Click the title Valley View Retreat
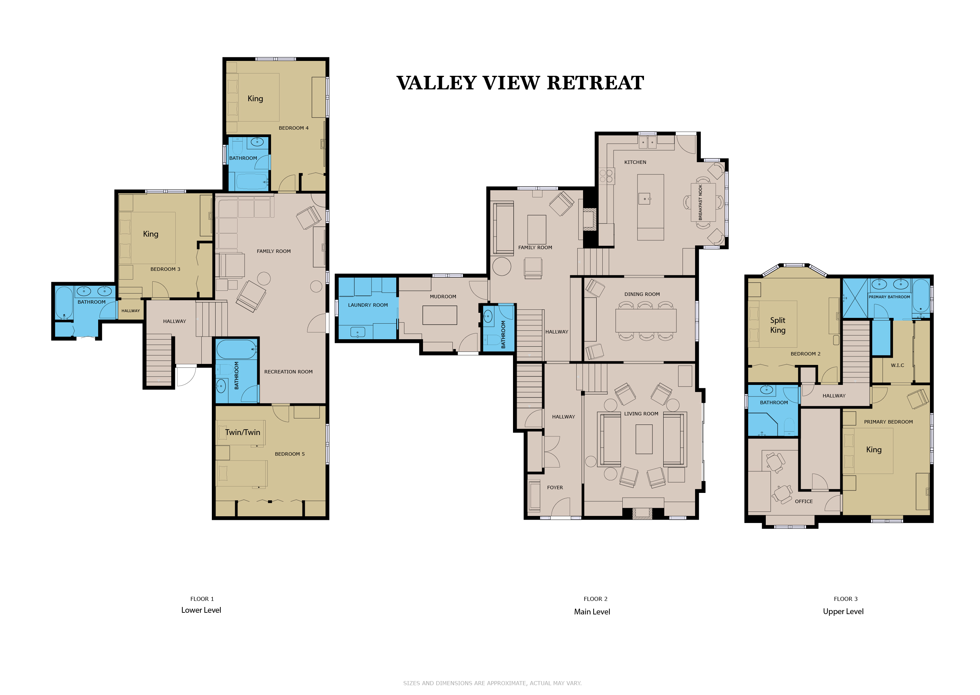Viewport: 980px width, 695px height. tap(520, 83)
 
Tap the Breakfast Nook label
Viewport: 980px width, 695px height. tap(700, 202)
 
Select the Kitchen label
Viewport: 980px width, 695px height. tap(635, 162)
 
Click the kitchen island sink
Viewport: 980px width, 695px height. tap(645, 199)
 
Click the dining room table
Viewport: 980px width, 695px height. tap(646, 321)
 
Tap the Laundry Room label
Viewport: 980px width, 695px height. tap(368, 305)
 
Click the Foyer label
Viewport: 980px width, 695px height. tap(555, 487)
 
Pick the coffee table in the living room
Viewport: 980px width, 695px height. tap(644, 439)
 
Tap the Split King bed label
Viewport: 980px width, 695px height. tap(778, 325)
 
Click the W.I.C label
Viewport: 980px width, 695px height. tap(897, 366)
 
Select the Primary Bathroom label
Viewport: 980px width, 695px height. tap(889, 297)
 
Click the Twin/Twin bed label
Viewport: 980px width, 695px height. tap(243, 432)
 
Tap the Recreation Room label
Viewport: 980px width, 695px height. tap(288, 372)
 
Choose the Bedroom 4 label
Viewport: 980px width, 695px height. tap(293, 128)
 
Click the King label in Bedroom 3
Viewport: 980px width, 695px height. tap(151, 234)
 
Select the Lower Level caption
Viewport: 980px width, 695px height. tap(201, 610)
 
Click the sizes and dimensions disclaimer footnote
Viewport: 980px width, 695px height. tap(492, 683)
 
